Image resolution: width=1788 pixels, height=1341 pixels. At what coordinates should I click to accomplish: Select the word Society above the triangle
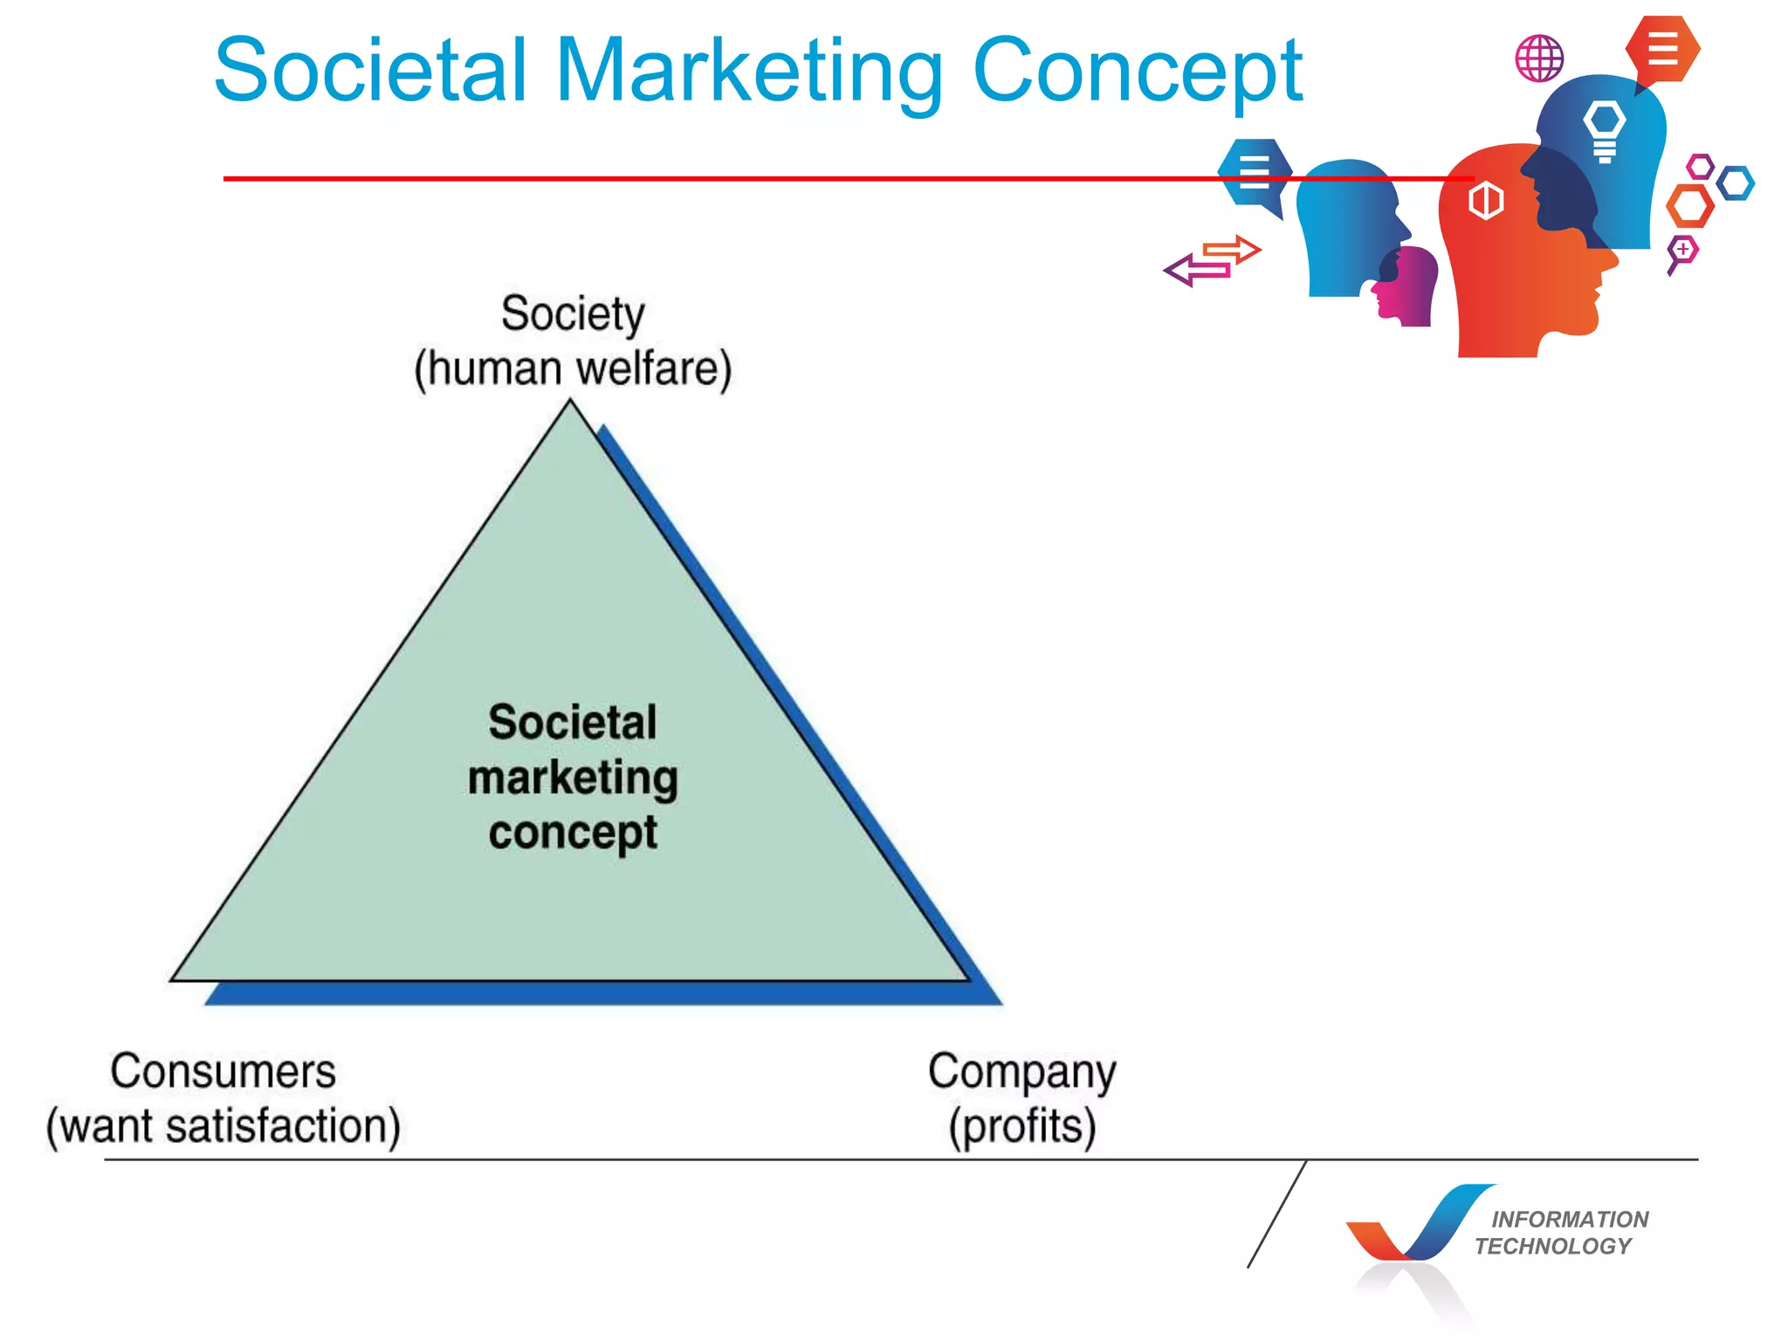(x=573, y=314)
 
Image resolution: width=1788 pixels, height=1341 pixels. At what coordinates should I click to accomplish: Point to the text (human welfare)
(x=573, y=368)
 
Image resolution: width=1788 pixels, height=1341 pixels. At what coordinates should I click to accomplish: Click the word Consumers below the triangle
(x=223, y=1071)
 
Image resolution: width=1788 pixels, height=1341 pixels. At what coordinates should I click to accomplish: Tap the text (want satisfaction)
(x=223, y=1126)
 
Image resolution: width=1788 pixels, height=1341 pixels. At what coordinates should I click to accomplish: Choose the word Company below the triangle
(x=1021, y=1073)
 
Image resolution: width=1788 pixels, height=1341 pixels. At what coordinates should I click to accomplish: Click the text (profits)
(x=1022, y=1127)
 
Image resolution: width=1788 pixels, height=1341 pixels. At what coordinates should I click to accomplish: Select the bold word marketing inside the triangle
(x=573, y=779)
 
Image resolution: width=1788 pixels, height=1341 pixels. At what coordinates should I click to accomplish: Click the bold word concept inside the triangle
(x=573, y=833)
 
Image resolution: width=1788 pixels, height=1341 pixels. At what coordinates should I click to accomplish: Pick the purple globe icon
(x=1539, y=58)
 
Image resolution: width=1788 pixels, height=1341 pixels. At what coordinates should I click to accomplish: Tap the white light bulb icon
(x=1605, y=130)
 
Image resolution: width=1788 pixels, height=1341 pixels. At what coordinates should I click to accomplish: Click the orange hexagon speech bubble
(x=1662, y=49)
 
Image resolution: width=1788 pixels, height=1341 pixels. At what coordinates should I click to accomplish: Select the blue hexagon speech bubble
(x=1255, y=172)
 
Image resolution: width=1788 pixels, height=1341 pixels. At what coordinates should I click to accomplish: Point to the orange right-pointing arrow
(x=1233, y=251)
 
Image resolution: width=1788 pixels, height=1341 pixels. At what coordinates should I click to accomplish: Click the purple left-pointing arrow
(x=1196, y=271)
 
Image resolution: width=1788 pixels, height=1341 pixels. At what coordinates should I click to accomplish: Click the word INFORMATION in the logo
(x=1570, y=1219)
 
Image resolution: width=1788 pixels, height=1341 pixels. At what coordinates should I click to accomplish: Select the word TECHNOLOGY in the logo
(x=1553, y=1246)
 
